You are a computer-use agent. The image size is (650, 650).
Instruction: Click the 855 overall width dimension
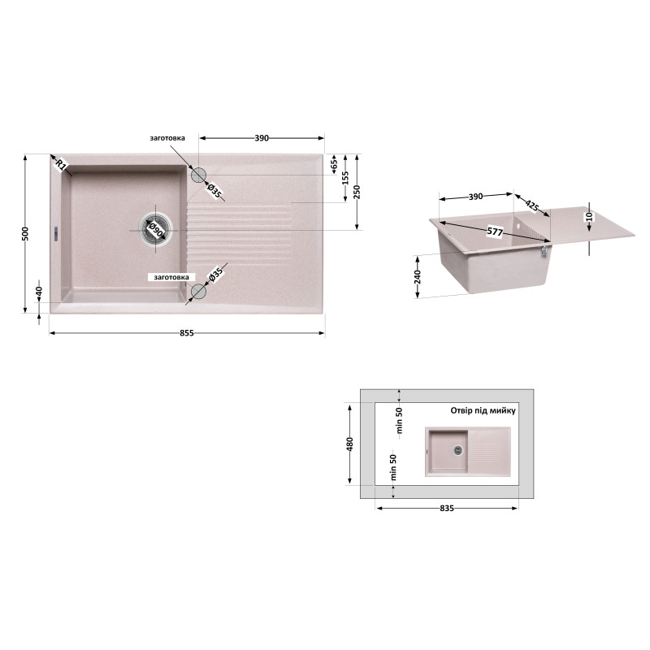[187, 333]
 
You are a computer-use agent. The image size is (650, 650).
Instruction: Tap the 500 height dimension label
[25, 234]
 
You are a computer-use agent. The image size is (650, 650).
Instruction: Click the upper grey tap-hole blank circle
[198, 175]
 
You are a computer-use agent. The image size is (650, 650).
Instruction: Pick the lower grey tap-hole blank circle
[198, 292]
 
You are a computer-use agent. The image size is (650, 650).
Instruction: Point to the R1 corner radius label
[61, 165]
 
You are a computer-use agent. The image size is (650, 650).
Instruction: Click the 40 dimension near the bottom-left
[39, 291]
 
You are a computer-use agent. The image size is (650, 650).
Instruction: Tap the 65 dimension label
[335, 165]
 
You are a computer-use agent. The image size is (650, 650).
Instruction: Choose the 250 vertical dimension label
[357, 192]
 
